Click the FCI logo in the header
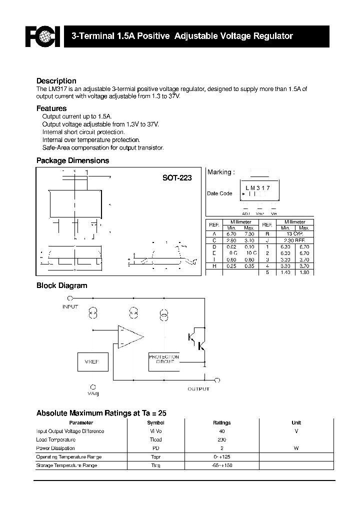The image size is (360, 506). click(x=43, y=36)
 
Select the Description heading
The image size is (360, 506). click(x=56, y=81)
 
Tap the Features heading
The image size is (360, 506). click(x=51, y=108)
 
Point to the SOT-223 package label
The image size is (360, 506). click(x=176, y=177)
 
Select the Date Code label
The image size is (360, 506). click(x=219, y=193)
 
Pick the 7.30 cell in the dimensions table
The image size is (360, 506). click(x=249, y=234)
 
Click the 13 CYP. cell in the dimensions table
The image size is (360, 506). click(x=295, y=234)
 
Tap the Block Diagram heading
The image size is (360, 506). click(x=62, y=285)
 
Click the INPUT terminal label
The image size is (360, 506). click(x=70, y=306)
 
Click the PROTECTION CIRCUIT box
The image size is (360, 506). click(x=163, y=359)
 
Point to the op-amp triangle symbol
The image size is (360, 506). click(x=129, y=335)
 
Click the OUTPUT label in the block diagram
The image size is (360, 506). click(x=198, y=388)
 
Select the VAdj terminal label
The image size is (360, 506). click(x=93, y=393)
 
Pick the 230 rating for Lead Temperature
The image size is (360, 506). click(x=221, y=439)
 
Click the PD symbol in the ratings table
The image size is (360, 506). click(x=156, y=448)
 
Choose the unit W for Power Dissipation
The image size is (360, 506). click(x=296, y=448)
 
